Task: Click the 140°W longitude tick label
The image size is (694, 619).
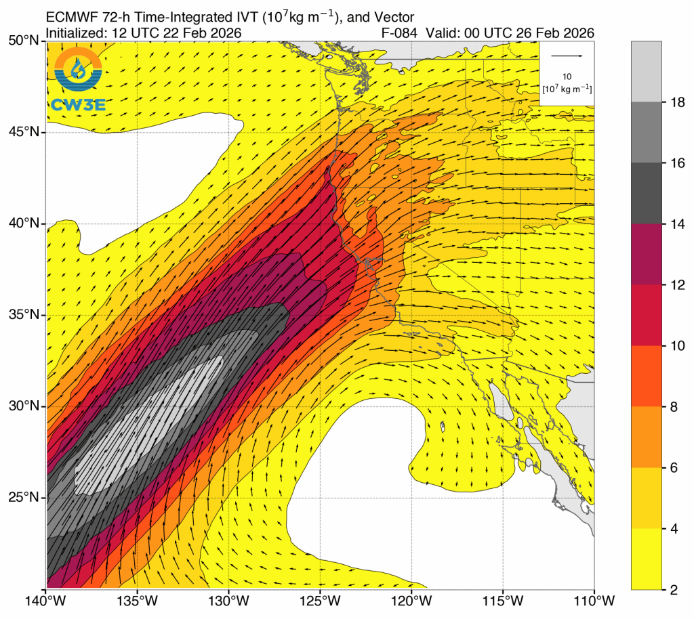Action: (46, 601)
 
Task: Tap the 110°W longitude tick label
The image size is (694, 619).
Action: (594, 601)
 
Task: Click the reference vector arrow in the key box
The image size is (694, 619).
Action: (567, 56)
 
